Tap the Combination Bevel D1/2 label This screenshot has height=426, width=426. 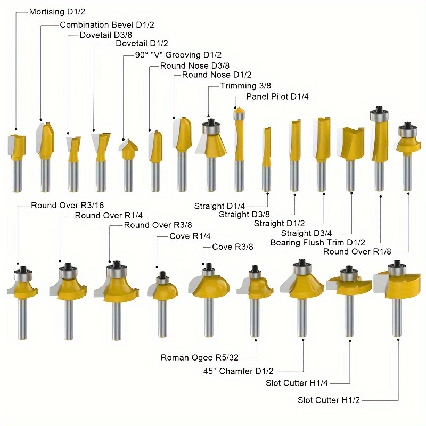click(103, 24)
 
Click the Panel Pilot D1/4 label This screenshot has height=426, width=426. click(277, 96)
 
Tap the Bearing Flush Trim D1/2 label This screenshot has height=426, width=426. click(318, 242)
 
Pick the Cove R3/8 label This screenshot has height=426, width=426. click(232, 247)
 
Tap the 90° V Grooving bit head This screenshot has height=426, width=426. click(128, 150)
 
